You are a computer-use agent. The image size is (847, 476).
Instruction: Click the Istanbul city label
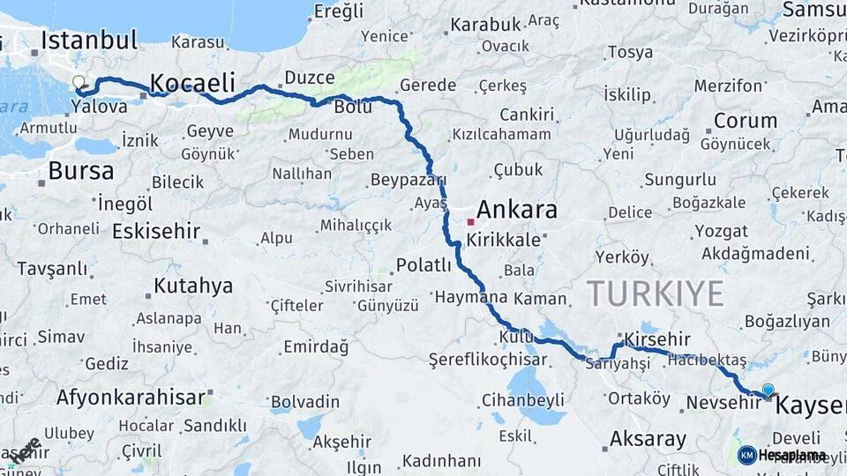(x=89, y=40)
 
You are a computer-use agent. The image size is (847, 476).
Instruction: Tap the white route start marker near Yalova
(x=79, y=83)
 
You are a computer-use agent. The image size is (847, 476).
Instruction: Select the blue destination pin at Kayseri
(x=768, y=390)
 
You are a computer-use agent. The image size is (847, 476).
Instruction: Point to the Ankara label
(x=517, y=210)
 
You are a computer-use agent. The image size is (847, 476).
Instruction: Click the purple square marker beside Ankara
(x=470, y=221)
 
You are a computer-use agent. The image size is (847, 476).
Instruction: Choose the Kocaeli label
(x=192, y=84)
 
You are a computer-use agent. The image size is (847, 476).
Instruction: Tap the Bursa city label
(x=81, y=170)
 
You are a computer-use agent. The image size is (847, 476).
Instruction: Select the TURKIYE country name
(x=656, y=293)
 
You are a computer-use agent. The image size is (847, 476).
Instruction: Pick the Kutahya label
(x=193, y=286)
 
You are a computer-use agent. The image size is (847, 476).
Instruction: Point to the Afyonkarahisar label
(x=131, y=397)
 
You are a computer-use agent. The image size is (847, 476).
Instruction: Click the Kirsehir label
(x=656, y=339)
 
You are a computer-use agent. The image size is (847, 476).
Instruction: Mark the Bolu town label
(x=353, y=107)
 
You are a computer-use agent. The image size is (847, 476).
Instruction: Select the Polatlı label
(x=423, y=264)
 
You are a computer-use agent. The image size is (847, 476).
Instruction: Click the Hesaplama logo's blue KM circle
(x=746, y=455)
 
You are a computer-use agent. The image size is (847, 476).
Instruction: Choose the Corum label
(x=746, y=121)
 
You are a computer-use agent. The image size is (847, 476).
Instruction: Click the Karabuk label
(x=485, y=25)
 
